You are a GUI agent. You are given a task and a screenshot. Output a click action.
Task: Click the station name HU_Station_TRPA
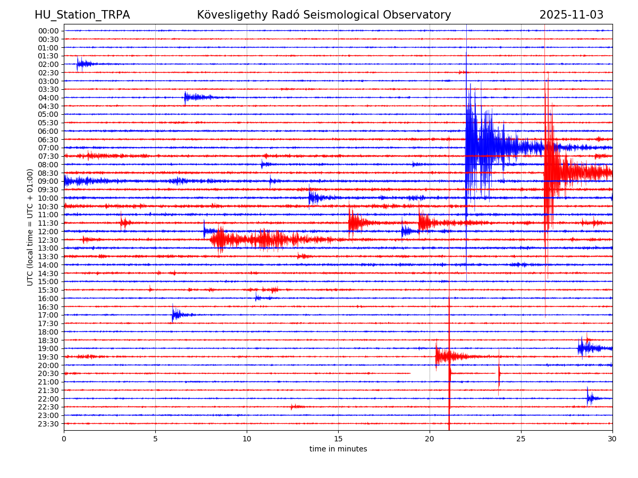(82, 15)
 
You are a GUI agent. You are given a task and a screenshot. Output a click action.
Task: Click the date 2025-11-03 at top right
(571, 15)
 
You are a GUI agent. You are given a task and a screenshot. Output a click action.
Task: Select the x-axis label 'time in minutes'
(338, 449)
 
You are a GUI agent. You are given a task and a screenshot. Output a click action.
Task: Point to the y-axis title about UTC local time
(30, 227)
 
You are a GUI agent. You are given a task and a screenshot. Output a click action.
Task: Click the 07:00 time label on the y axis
(48, 148)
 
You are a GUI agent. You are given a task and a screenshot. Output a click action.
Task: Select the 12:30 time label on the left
(48, 240)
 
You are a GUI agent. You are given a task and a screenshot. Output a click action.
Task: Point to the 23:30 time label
(48, 424)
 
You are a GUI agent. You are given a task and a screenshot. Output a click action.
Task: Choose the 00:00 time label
(48, 31)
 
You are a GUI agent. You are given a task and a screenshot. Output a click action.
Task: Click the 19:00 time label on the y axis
(48, 348)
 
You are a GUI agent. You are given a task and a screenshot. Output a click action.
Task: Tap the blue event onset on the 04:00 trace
(186, 97)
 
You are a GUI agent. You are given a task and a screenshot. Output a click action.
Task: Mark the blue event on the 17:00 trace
(174, 315)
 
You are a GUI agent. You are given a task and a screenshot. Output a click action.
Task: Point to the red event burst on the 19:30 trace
(441, 356)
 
